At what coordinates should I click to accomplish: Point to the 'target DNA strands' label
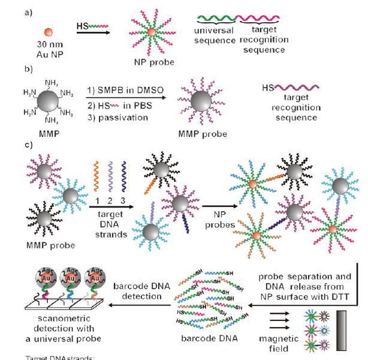tap(111, 221)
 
